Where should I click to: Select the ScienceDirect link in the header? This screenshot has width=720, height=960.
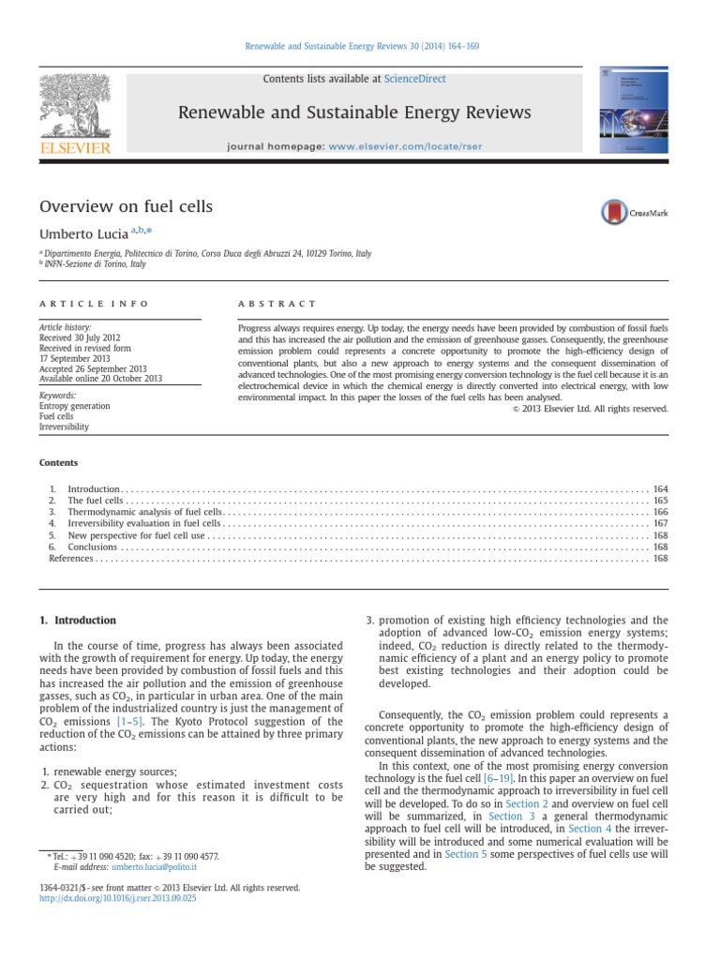(x=419, y=80)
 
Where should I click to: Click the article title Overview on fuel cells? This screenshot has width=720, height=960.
(x=126, y=206)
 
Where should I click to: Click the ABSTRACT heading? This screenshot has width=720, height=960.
(x=277, y=304)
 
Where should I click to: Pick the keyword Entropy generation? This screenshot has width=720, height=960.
(x=74, y=406)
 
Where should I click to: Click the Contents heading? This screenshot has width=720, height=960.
(x=58, y=462)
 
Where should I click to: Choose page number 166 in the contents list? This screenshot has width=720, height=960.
(x=660, y=513)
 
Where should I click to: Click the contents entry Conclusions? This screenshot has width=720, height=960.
(x=92, y=547)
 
